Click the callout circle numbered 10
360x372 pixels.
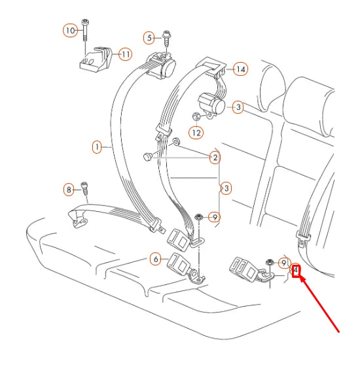(x=70, y=30)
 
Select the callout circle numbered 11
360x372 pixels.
(x=124, y=54)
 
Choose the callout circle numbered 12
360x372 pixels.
(x=196, y=133)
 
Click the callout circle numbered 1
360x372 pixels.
(x=97, y=148)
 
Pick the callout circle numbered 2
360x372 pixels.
(x=214, y=157)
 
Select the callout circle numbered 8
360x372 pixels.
(x=69, y=190)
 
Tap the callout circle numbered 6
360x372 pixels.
(x=155, y=259)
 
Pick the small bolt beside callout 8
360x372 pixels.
(x=84, y=188)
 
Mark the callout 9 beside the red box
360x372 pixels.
(x=283, y=263)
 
